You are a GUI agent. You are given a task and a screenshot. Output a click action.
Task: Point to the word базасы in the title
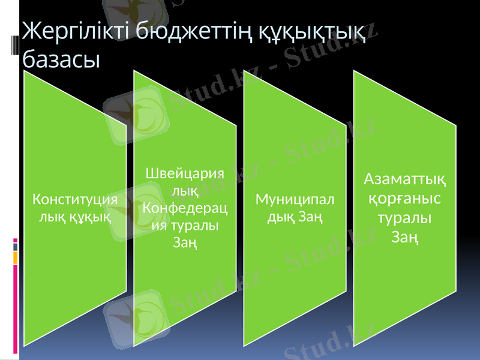[61, 59]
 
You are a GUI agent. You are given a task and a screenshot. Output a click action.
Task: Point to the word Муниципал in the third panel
[295, 199]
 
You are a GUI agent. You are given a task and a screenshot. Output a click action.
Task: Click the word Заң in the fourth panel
[405, 237]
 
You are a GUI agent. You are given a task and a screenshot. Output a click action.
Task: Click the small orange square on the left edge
[15, 257]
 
